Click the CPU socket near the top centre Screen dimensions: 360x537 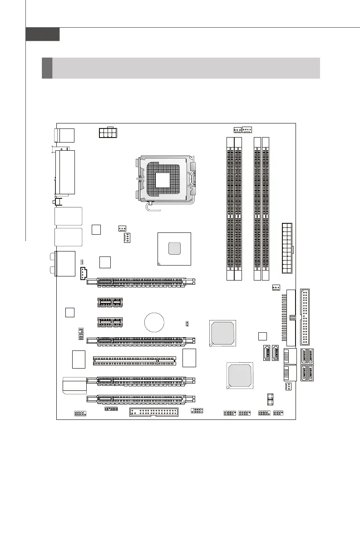coord(167,180)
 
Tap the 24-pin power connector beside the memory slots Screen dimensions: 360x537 coord(286,247)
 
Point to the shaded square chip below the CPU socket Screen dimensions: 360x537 coord(174,248)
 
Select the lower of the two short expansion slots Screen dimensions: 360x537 coord(110,322)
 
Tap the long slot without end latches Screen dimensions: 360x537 coord(134,360)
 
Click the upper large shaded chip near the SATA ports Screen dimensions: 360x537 coord(222,332)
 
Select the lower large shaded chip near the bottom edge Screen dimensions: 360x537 coord(239,375)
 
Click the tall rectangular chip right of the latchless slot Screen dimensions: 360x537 coord(190,358)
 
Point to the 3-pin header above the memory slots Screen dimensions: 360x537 coord(237,130)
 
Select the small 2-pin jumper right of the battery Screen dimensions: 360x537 coord(187,323)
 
